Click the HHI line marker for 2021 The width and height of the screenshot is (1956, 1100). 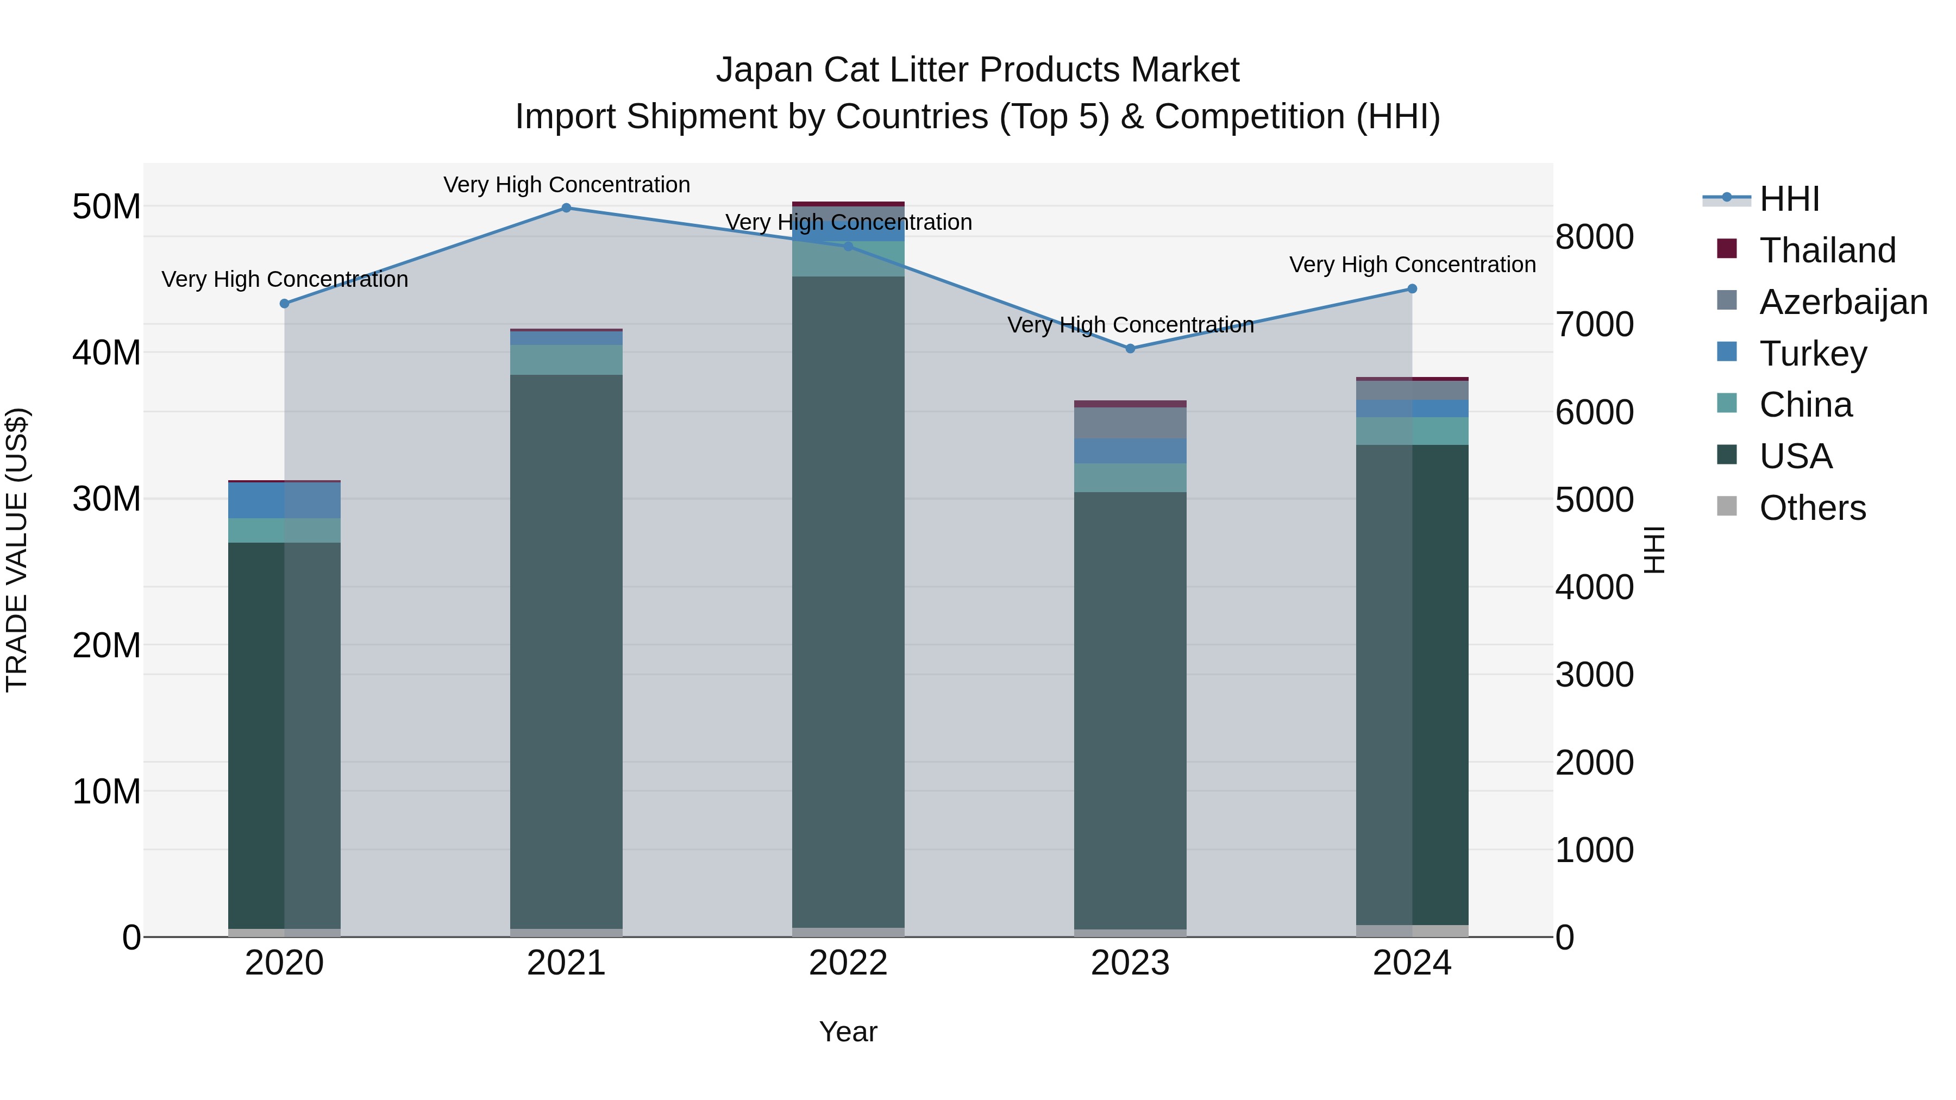567,208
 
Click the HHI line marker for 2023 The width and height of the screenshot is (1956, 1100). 1130,348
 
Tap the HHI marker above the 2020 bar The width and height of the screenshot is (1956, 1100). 285,304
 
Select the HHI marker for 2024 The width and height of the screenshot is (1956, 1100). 1412,288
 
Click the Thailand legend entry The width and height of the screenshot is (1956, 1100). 1827,250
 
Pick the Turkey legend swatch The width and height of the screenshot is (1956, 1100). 1727,351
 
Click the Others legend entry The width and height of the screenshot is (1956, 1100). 1811,508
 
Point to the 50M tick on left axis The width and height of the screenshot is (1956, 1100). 106,206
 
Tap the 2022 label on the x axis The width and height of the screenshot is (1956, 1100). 848,963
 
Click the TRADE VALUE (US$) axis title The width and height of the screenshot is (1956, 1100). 17,550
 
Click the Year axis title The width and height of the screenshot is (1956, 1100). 848,1032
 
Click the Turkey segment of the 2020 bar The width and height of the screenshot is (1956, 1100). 285,500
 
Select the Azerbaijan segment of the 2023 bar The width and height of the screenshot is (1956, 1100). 1130,423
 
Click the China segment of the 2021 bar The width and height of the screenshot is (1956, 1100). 567,360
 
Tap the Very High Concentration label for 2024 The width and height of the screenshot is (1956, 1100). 1412,265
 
